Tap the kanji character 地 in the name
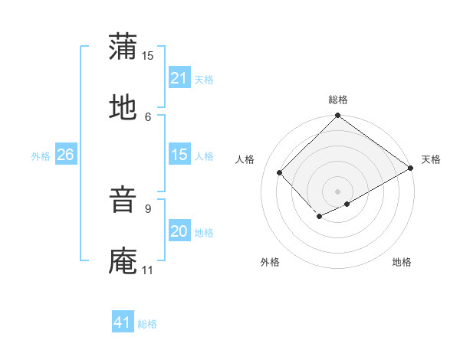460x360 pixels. pyautogui.click(x=123, y=108)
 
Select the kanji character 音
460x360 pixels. pyautogui.click(x=123, y=198)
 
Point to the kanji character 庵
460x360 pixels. pyautogui.click(x=123, y=260)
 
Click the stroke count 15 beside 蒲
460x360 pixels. pyautogui.click(x=148, y=55)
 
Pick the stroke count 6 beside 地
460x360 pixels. pyautogui.click(x=148, y=116)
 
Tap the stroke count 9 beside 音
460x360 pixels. pyautogui.click(x=148, y=207)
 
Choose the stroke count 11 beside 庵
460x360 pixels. pyautogui.click(x=148, y=270)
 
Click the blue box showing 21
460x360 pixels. pyautogui.click(x=179, y=78)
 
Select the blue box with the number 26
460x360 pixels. pyautogui.click(x=65, y=155)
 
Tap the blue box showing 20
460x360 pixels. pyautogui.click(x=179, y=231)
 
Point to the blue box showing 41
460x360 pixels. pyautogui.click(x=123, y=322)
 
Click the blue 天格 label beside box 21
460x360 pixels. pyautogui.click(x=204, y=79)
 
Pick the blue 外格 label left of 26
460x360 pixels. pyautogui.click(x=41, y=155)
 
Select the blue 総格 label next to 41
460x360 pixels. pyautogui.click(x=147, y=323)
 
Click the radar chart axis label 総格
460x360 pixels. pyautogui.click(x=338, y=100)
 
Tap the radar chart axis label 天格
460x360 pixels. pyautogui.click(x=431, y=159)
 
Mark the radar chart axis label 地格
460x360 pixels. pyautogui.click(x=402, y=263)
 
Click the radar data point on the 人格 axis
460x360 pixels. pyautogui.click(x=280, y=172)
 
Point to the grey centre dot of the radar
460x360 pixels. pyautogui.click(x=338, y=191)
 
